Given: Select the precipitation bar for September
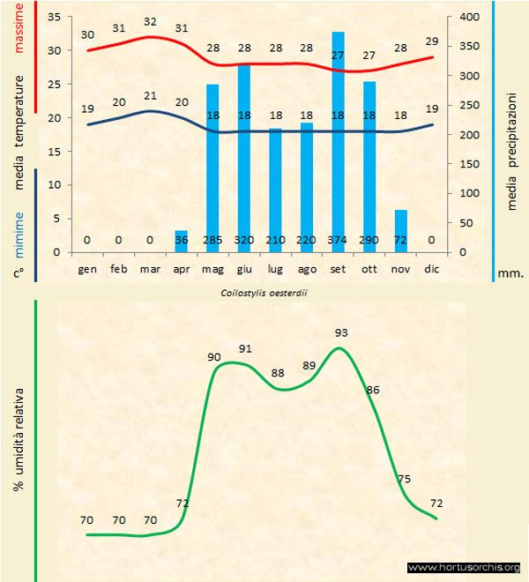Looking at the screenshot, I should point(338,141).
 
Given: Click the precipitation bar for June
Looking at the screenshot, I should point(244,159).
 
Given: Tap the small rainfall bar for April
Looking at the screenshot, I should point(181,241).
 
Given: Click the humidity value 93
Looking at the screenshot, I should point(340,332).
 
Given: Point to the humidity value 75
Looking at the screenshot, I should point(404,479).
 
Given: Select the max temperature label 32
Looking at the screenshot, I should point(150,22).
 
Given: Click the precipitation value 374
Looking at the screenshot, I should point(338,240).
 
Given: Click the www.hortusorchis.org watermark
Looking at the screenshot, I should point(464,567).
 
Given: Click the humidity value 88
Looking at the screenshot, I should point(278,373).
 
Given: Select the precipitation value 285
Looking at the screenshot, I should point(212,240).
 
